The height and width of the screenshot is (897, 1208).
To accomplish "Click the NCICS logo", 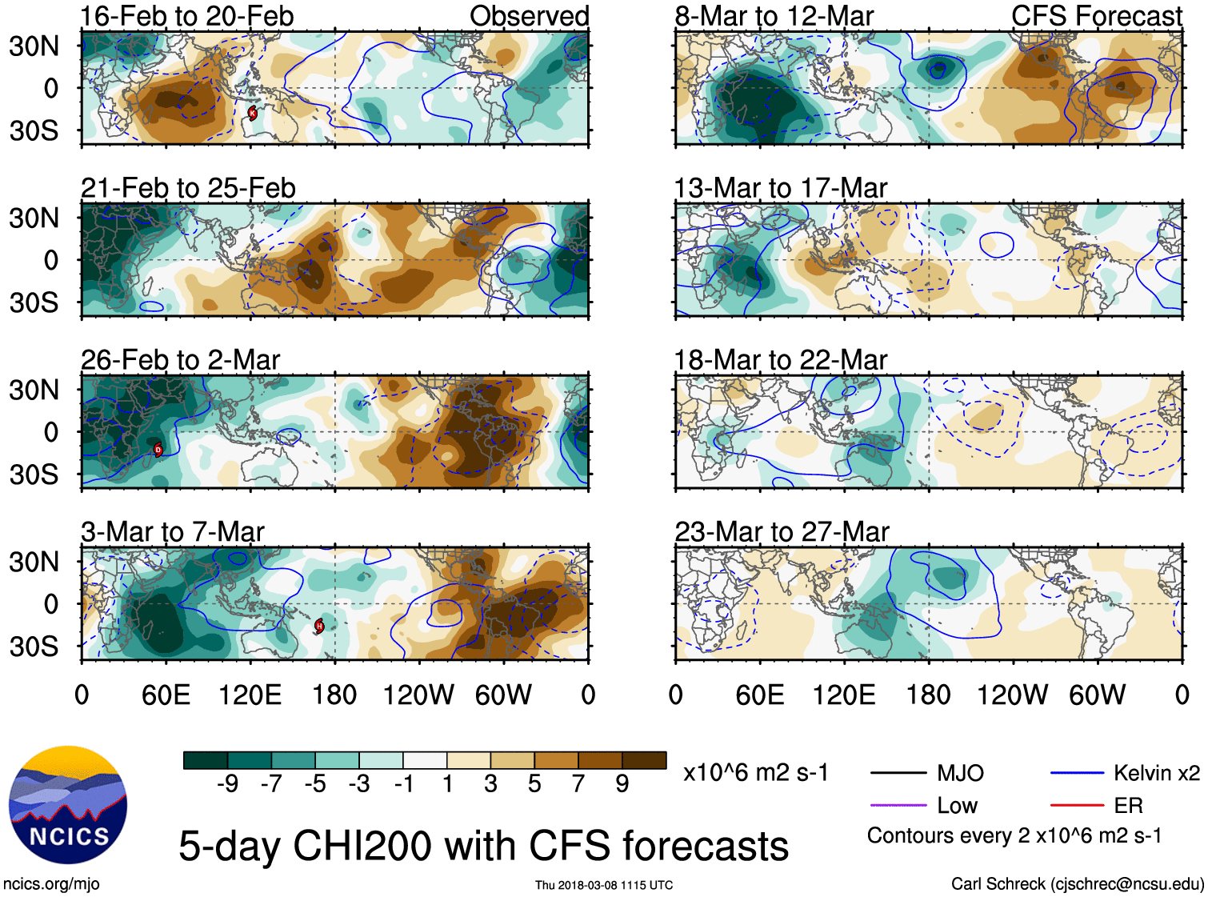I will click(x=68, y=805).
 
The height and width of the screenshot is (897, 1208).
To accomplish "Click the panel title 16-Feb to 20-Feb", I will click(x=187, y=16).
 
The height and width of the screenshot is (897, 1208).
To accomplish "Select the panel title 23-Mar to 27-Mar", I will click(x=782, y=532).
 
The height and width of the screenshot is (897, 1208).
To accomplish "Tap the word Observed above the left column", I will click(x=529, y=16).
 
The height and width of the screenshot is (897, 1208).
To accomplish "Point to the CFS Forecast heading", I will click(x=1096, y=16).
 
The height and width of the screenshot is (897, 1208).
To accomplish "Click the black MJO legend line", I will click(x=898, y=773).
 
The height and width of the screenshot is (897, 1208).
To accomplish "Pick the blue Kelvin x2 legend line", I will click(x=1077, y=773).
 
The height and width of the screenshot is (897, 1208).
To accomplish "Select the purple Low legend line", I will click(x=898, y=806).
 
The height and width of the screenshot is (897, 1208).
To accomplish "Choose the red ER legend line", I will click(x=1077, y=806).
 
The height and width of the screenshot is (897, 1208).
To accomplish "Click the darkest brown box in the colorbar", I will click(x=644, y=760).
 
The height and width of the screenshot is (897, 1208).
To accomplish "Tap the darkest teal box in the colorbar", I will click(x=206, y=760).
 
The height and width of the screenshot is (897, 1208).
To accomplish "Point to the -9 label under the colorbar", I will click(x=227, y=784).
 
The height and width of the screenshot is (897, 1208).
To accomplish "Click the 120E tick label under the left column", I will click(x=250, y=695).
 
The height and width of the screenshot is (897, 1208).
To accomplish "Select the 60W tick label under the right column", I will click(x=1098, y=695).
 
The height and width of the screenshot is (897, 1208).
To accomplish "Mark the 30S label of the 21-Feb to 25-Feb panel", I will click(x=34, y=302).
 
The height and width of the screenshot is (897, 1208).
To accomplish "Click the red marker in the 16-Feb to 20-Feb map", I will click(x=252, y=113).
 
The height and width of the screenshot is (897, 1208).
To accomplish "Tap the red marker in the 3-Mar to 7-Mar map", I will click(x=319, y=626).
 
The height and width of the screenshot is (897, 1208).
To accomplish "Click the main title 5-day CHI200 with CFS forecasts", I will click(x=483, y=846).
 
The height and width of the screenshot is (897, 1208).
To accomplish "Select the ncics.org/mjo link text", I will click(x=51, y=884).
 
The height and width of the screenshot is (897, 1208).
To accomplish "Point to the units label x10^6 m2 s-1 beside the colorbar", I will click(x=755, y=773).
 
